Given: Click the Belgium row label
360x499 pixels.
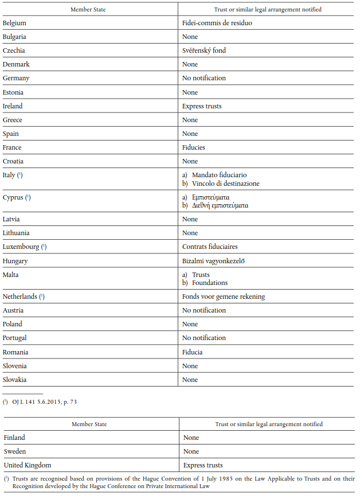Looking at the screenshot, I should pyautogui.click(x=15, y=23).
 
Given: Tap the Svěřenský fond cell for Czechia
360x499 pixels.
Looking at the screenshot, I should pyautogui.click(x=204, y=50).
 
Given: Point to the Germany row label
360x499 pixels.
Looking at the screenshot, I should pyautogui.click(x=16, y=78).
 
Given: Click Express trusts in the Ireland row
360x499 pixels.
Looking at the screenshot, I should pyautogui.click(x=202, y=106).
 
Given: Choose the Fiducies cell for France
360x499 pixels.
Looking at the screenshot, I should pyautogui.click(x=194, y=147).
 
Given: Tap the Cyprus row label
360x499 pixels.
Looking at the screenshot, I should pyautogui.click(x=13, y=198).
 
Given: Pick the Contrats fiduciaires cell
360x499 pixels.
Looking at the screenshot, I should pyautogui.click(x=210, y=247).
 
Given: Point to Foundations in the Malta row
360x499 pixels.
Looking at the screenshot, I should pyautogui.click(x=210, y=283).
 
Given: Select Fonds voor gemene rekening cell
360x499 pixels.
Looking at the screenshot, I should pyautogui.click(x=224, y=297).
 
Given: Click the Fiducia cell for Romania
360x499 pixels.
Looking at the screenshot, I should pyautogui.click(x=193, y=352).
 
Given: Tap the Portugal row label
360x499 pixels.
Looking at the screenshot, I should pyautogui.click(x=15, y=338).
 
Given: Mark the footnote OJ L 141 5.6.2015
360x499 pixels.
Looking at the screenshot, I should pyautogui.click(x=44, y=402).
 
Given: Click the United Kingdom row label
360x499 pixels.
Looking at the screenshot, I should pyautogui.click(x=27, y=465).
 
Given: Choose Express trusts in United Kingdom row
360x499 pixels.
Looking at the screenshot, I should pyautogui.click(x=203, y=465).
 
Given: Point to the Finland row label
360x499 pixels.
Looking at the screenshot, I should pyautogui.click(x=14, y=438).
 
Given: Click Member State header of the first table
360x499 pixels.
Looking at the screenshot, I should pyautogui.click(x=88, y=9).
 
